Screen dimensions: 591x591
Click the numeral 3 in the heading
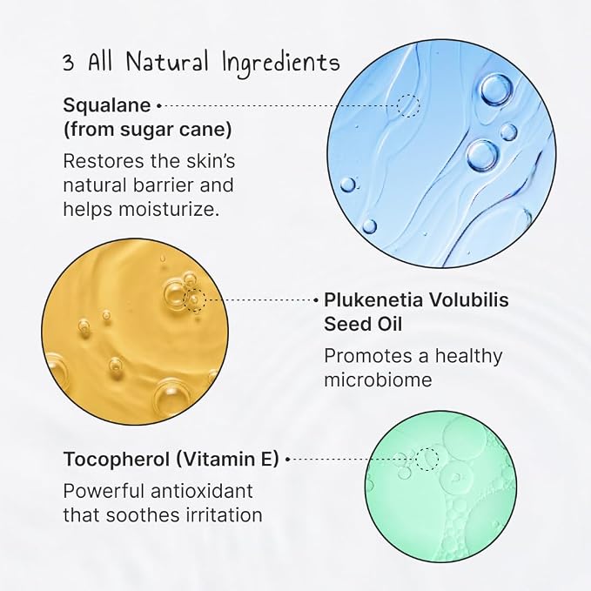point(68,62)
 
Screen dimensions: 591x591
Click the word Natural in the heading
point(167,62)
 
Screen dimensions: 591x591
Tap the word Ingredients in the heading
point(281,64)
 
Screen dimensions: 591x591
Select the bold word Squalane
point(107,105)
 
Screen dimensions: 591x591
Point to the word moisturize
point(169,209)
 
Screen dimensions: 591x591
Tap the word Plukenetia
point(374,300)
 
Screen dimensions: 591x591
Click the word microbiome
point(378,379)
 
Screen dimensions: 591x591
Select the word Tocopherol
point(117,460)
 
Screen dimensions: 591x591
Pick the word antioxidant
point(202,492)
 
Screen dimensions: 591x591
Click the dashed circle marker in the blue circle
point(408,106)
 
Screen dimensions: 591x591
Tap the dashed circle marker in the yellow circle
point(194,300)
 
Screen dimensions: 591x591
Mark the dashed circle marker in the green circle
point(427,459)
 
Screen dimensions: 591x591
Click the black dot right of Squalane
point(158,106)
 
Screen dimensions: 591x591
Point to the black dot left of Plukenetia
point(316,300)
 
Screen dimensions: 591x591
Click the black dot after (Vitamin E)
point(287,459)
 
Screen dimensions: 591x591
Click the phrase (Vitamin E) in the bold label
point(227,460)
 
